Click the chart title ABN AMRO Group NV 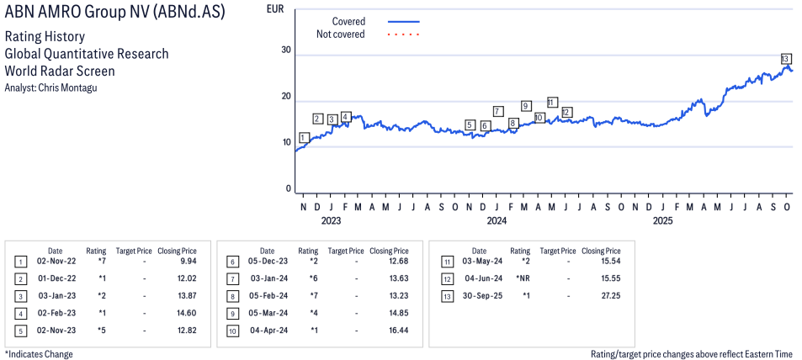click(x=114, y=13)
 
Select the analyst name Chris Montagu click(x=50, y=87)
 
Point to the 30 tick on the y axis click(x=286, y=50)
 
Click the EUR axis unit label click(x=274, y=9)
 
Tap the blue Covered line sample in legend click(x=403, y=21)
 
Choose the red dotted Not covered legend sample click(x=403, y=34)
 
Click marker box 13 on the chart click(x=785, y=58)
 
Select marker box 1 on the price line click(x=303, y=137)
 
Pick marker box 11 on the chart click(x=552, y=102)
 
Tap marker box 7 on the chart click(x=498, y=111)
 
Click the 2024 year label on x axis click(x=497, y=221)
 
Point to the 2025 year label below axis click(x=663, y=221)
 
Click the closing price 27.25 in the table click(x=601, y=294)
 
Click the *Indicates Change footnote click(x=39, y=354)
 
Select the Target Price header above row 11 click(x=558, y=251)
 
